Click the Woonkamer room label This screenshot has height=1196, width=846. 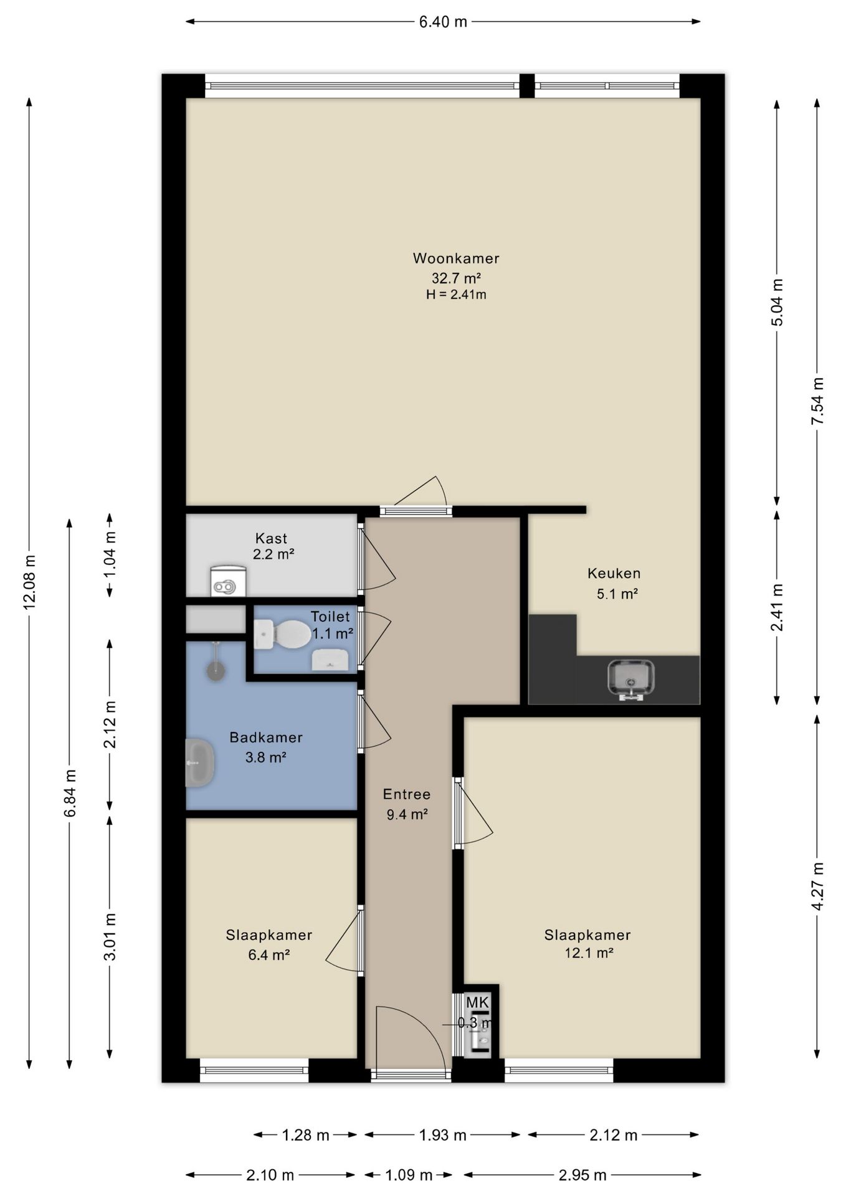tap(456, 258)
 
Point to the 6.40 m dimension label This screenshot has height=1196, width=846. tap(443, 22)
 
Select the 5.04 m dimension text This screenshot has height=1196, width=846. tap(777, 302)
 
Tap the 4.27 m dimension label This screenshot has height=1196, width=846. tap(818, 886)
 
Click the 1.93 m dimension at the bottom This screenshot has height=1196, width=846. tap(442, 1135)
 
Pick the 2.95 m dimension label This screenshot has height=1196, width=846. tap(582, 1175)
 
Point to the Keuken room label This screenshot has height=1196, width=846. tap(614, 573)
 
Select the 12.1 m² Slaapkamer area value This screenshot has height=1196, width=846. tap(589, 952)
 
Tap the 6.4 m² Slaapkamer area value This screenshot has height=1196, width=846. tap(269, 954)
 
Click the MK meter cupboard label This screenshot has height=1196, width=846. tap(478, 1003)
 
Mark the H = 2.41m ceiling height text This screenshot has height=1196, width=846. tap(456, 294)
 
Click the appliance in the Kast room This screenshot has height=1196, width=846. tap(228, 581)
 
